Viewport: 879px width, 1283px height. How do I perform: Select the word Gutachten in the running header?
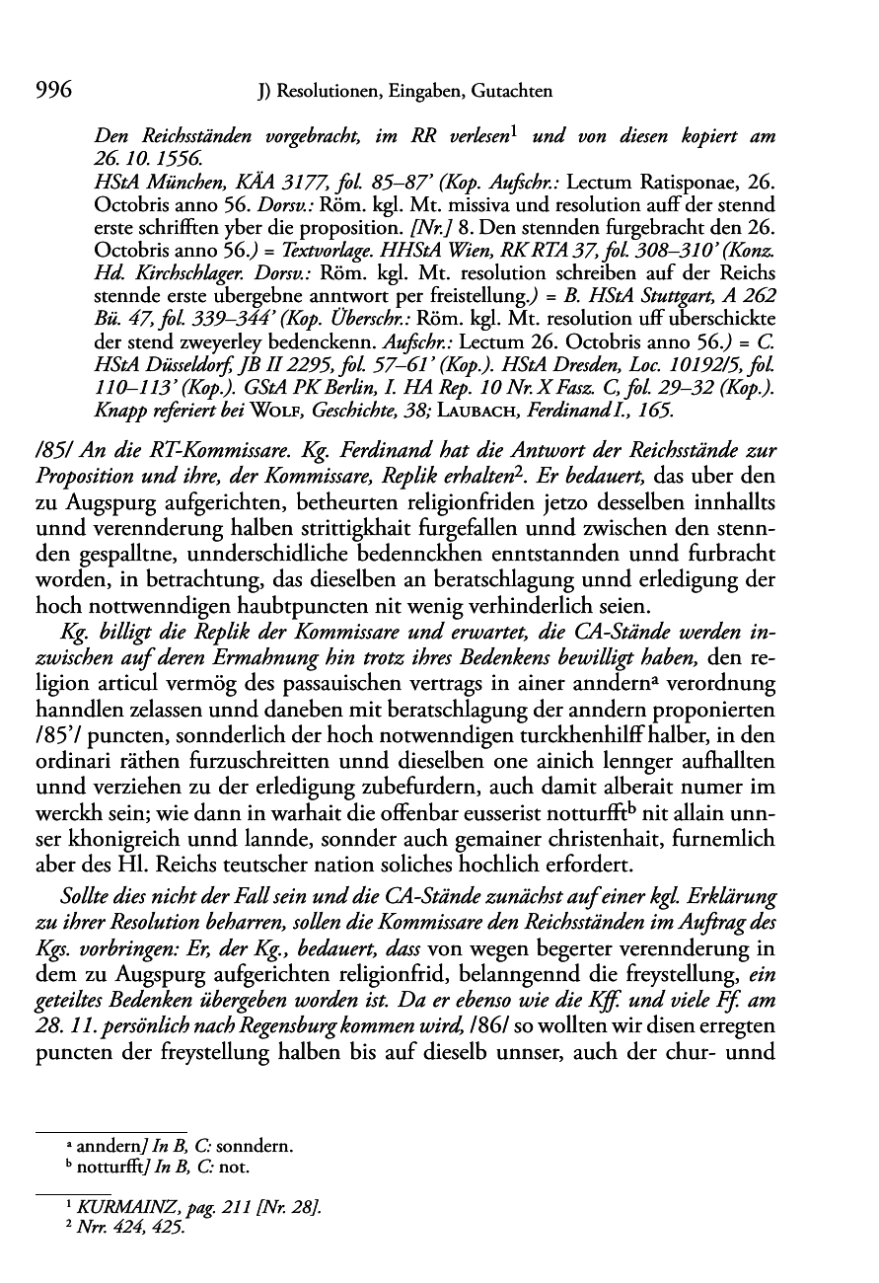(x=511, y=93)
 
